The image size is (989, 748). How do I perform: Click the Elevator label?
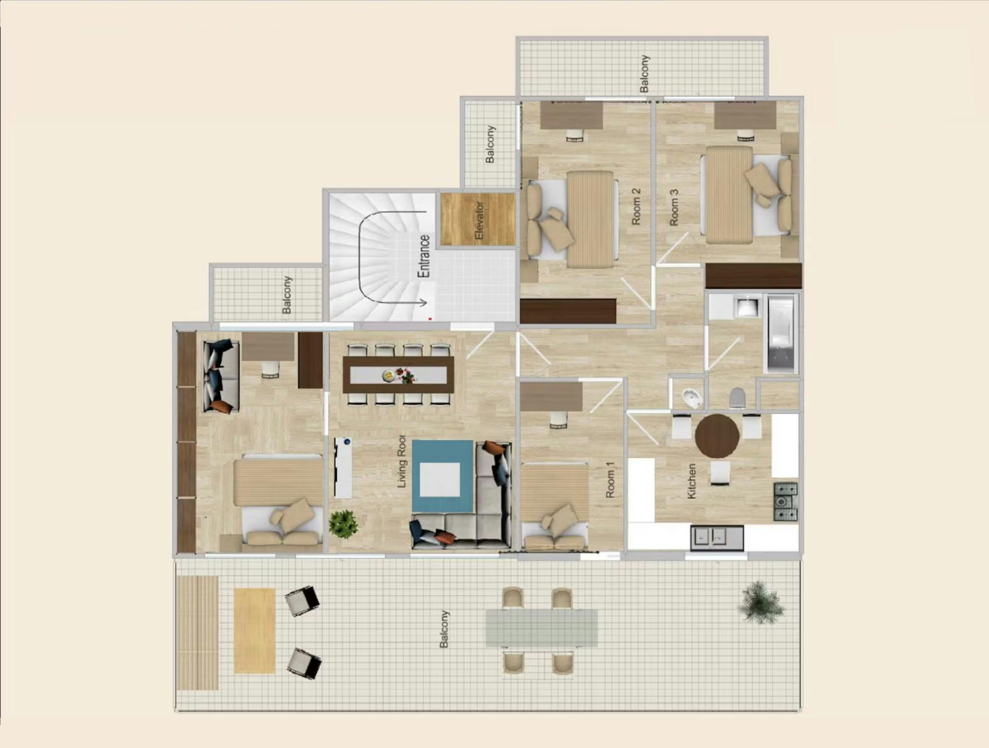480,220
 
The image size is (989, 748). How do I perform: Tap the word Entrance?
423,256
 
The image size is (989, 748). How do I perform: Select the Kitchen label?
692,481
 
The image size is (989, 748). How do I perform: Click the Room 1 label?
610,480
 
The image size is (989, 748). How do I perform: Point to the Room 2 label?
636,206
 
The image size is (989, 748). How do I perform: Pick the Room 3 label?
674,207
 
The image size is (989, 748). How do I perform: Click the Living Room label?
401,461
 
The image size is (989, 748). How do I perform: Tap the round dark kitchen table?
717,436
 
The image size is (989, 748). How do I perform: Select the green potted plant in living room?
343,524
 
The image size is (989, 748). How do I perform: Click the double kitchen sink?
716,538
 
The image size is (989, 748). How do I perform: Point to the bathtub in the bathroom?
781,334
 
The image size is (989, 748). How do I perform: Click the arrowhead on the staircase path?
424,302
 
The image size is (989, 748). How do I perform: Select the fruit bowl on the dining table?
388,375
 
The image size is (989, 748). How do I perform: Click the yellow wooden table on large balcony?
254,631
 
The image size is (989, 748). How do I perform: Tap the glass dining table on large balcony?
541,628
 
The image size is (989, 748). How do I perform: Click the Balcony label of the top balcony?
644,74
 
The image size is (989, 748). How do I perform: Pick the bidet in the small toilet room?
690,398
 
